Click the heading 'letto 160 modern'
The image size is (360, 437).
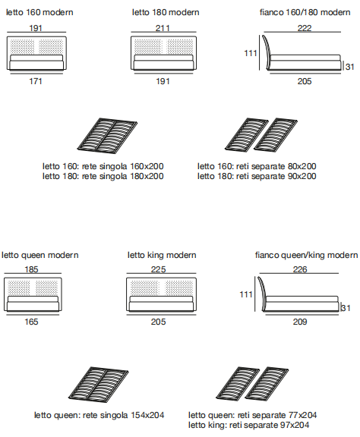[x=39, y=12]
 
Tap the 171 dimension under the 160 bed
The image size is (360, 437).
[x=36, y=81]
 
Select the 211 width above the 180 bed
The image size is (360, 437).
[x=163, y=28]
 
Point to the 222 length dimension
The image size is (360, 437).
[x=305, y=28]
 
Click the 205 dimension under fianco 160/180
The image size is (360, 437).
[x=305, y=81]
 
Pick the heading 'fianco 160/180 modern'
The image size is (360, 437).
[x=305, y=12]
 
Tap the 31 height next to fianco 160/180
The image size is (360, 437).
[x=349, y=67]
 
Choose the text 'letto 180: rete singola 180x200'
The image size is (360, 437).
[x=103, y=176]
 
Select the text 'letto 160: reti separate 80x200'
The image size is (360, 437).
[x=257, y=166]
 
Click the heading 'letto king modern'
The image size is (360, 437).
[x=162, y=255]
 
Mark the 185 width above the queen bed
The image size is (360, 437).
[x=31, y=269]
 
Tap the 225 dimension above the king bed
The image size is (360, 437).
[x=158, y=269]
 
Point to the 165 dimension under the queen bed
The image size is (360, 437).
[x=31, y=322]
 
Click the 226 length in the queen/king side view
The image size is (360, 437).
[x=300, y=269]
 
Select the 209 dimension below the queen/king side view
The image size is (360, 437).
[x=300, y=322]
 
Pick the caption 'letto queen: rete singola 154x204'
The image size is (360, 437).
[x=99, y=415]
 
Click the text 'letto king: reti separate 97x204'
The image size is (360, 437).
[x=248, y=425]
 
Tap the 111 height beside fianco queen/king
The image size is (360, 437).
[x=246, y=294]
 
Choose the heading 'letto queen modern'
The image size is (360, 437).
[x=40, y=255]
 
